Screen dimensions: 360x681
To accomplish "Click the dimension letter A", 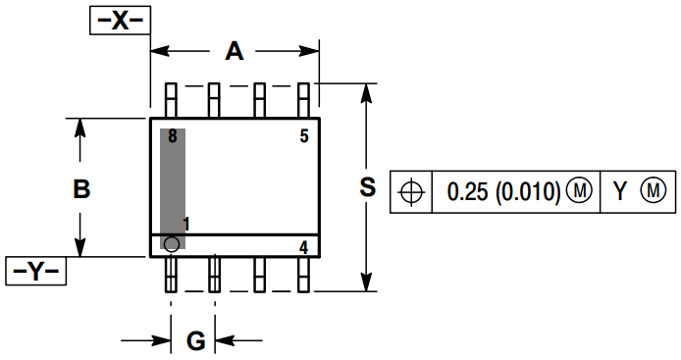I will click(x=234, y=51).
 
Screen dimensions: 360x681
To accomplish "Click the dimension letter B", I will click(x=82, y=189).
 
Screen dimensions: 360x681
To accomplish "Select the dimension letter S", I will click(x=367, y=187).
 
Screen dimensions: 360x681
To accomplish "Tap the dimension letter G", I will click(x=195, y=341).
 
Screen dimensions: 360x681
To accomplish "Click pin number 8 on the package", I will click(x=172, y=136).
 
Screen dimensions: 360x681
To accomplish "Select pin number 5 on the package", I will click(x=304, y=136).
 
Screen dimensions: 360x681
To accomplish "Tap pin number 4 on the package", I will click(x=304, y=247).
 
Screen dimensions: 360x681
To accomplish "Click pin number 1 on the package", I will click(x=186, y=225).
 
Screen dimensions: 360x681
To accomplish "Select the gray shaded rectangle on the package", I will click(x=173, y=186).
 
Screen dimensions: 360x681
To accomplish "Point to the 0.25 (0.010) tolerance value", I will click(x=503, y=191).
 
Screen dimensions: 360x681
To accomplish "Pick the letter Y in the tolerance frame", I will click(x=619, y=191).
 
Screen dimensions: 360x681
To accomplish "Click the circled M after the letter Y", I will click(x=653, y=191).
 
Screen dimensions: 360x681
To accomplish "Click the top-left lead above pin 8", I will click(x=172, y=100).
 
